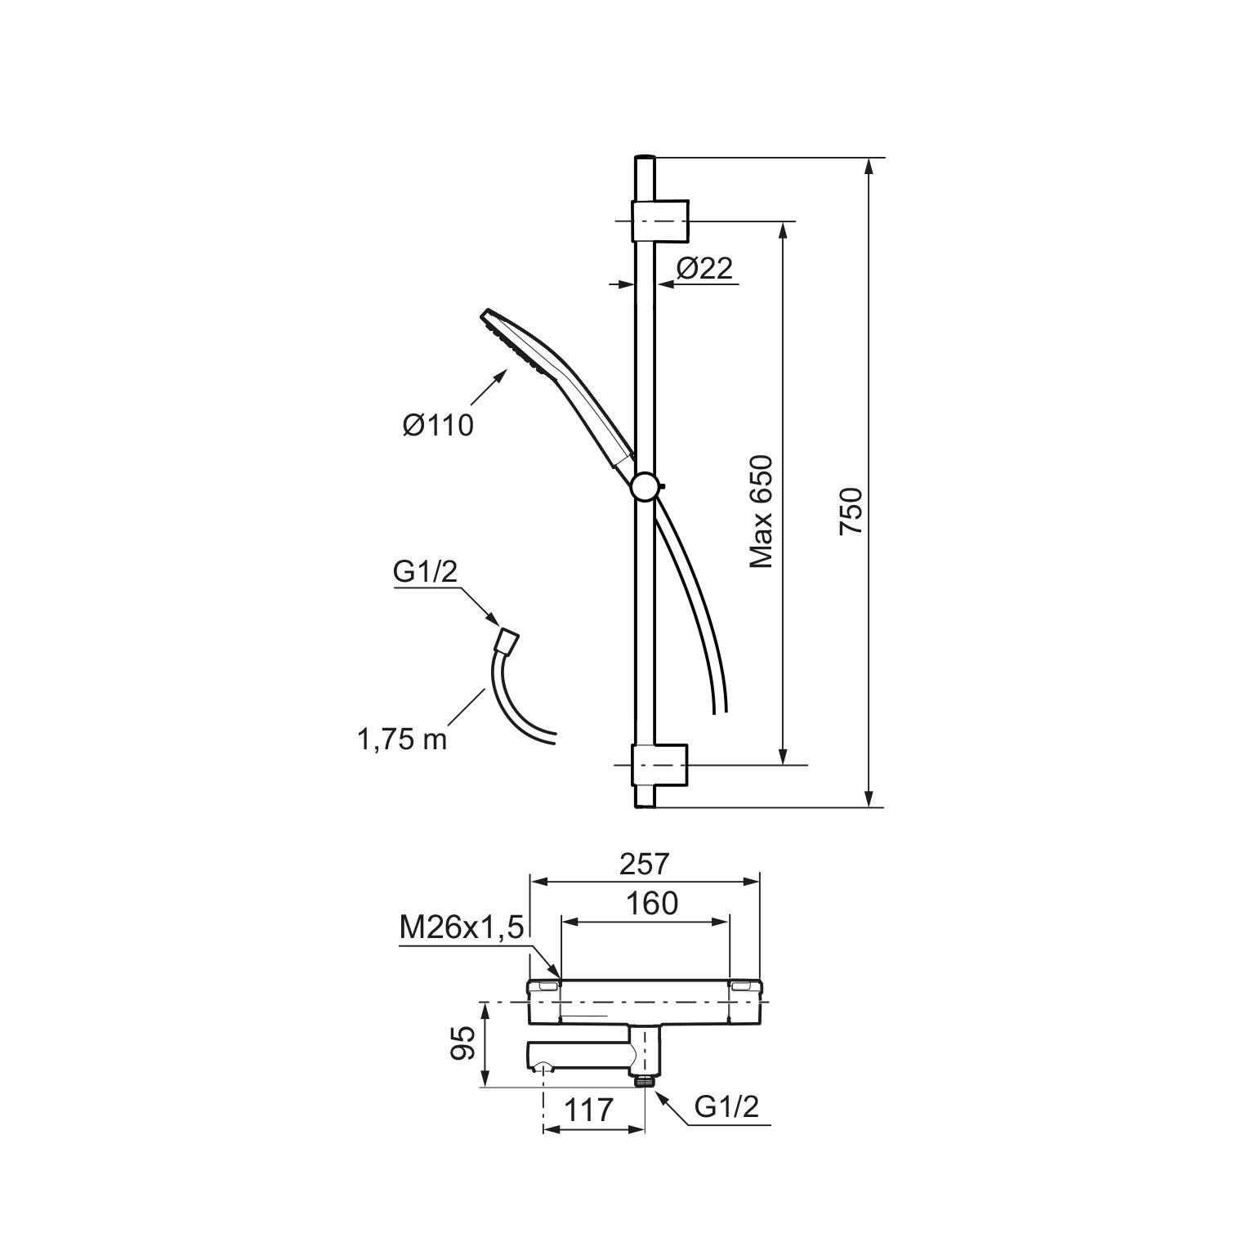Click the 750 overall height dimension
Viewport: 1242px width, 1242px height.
tap(851, 511)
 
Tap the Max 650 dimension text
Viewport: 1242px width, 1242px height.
tap(762, 512)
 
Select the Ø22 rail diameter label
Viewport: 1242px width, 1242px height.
tap(705, 268)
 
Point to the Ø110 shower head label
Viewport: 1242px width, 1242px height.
tap(438, 425)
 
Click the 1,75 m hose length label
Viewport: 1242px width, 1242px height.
tap(402, 739)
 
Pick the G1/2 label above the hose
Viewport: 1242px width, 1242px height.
tap(425, 573)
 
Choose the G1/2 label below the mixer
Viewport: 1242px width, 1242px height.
tap(727, 1106)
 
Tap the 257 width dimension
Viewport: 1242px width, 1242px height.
tap(645, 863)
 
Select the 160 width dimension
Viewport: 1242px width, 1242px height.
tap(652, 904)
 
